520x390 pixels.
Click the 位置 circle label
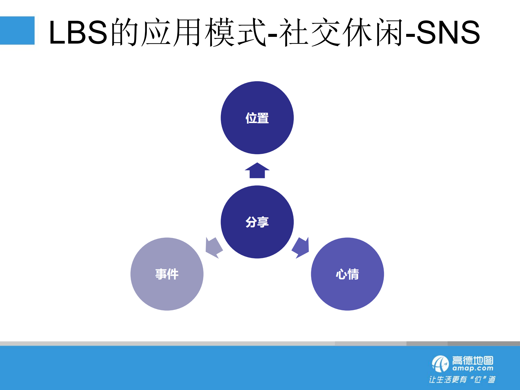pyautogui.click(x=257, y=118)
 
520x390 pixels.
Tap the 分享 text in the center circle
pyautogui.click(x=257, y=222)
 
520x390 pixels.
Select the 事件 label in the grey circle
pyautogui.click(x=167, y=274)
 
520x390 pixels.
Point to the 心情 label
pyautogui.click(x=347, y=274)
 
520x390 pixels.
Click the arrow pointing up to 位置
pyautogui.click(x=257, y=171)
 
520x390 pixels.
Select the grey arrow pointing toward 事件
pyautogui.click(x=214, y=247)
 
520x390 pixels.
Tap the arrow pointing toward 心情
pyautogui.click(x=301, y=247)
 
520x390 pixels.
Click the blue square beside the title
pyautogui.click(x=17, y=30)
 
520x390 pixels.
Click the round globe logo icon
pyautogui.click(x=440, y=364)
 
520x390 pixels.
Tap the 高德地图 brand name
pyautogui.click(x=473, y=360)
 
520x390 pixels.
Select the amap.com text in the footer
pyautogui.click(x=473, y=369)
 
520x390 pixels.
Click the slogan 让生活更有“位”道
pyautogui.click(x=462, y=379)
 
